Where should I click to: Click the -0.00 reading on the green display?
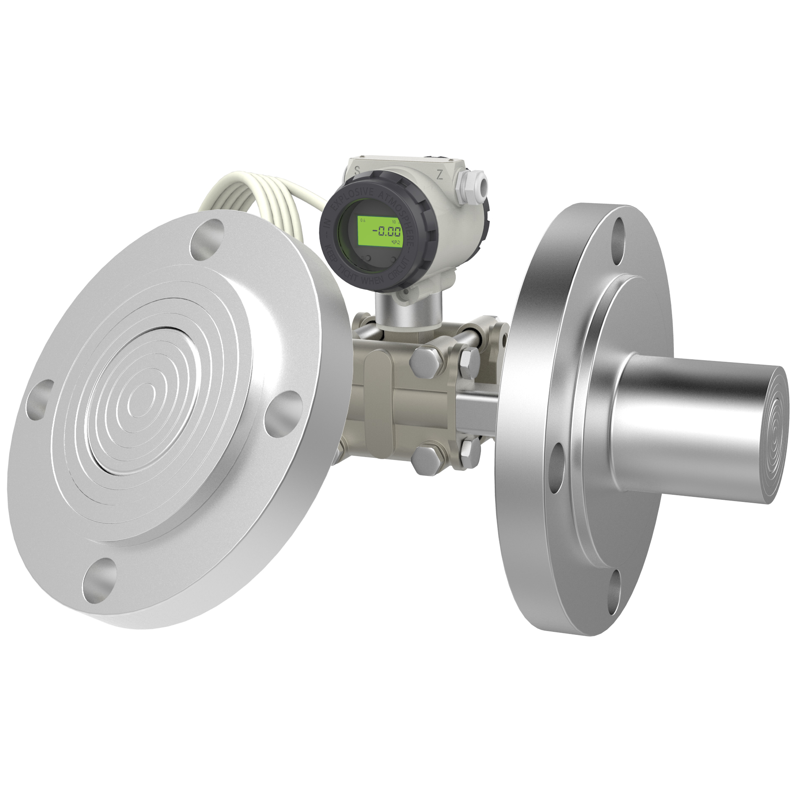[386, 231]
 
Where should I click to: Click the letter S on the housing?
[357, 171]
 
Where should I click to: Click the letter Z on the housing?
[439, 175]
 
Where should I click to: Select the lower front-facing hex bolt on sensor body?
[424, 458]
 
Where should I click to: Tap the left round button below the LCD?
[365, 258]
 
